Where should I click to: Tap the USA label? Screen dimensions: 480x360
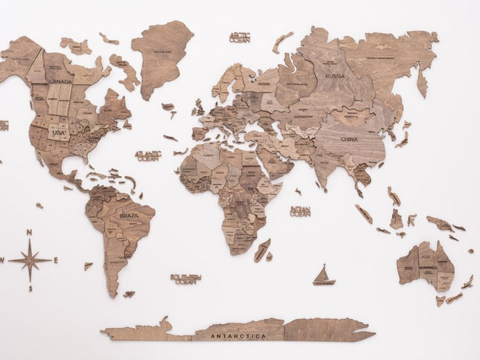point(60,132)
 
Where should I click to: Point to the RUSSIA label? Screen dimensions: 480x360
point(335,76)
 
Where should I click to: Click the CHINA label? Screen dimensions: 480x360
point(349,139)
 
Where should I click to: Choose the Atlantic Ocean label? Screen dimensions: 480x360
point(148,155)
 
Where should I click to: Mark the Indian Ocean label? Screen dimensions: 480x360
point(300,212)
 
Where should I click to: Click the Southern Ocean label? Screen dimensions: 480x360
point(185,279)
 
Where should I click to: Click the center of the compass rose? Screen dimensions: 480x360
point(30,260)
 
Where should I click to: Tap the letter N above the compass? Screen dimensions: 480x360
point(29,233)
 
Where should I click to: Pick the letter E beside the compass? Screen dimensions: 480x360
point(56,260)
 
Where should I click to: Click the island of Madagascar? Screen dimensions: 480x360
point(262,250)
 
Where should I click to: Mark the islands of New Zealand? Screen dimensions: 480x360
point(467,283)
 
